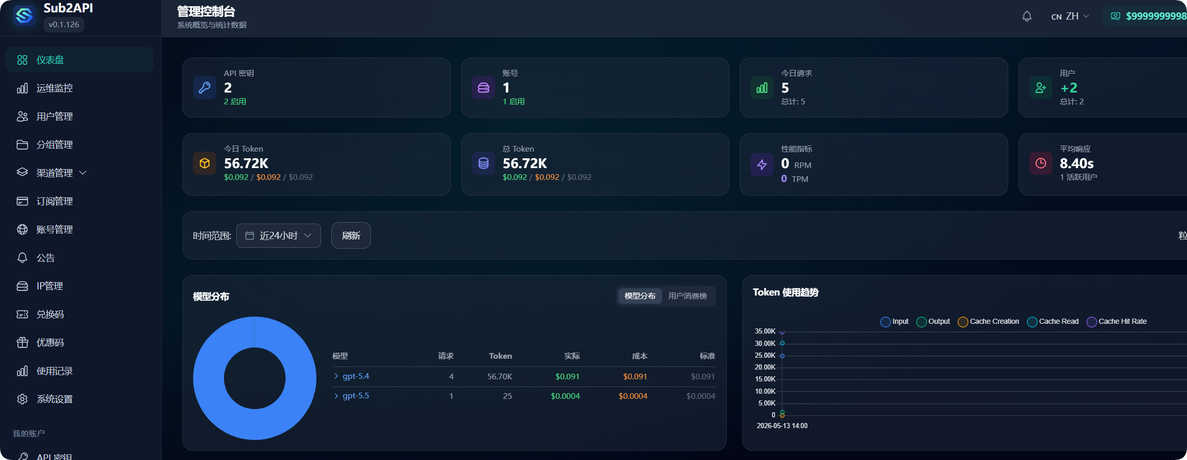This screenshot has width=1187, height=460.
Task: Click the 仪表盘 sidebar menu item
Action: tap(79, 60)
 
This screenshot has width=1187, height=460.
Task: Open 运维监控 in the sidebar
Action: tap(54, 88)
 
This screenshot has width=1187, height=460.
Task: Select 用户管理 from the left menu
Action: tap(54, 117)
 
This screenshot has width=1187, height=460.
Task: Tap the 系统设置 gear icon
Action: tap(22, 399)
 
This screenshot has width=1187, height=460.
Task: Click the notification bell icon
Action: tap(1027, 16)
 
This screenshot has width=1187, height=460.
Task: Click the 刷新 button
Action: tap(351, 235)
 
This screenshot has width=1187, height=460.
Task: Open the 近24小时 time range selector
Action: tap(278, 235)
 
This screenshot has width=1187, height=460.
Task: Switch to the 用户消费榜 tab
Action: tap(687, 296)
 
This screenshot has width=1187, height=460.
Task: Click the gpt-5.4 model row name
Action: tap(355, 376)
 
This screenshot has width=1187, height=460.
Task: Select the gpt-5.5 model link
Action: tap(355, 396)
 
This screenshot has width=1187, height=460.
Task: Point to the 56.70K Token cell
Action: tap(500, 377)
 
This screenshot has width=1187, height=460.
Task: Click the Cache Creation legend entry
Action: tap(989, 322)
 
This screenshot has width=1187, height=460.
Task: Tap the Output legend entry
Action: tap(933, 322)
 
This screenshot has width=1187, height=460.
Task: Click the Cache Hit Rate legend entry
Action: tap(1117, 322)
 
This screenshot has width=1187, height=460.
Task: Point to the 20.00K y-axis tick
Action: tap(765, 367)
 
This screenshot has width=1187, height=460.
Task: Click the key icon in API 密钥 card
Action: tap(204, 87)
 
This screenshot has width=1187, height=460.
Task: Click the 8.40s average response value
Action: tap(1077, 163)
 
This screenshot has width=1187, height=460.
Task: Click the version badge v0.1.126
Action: tap(64, 25)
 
